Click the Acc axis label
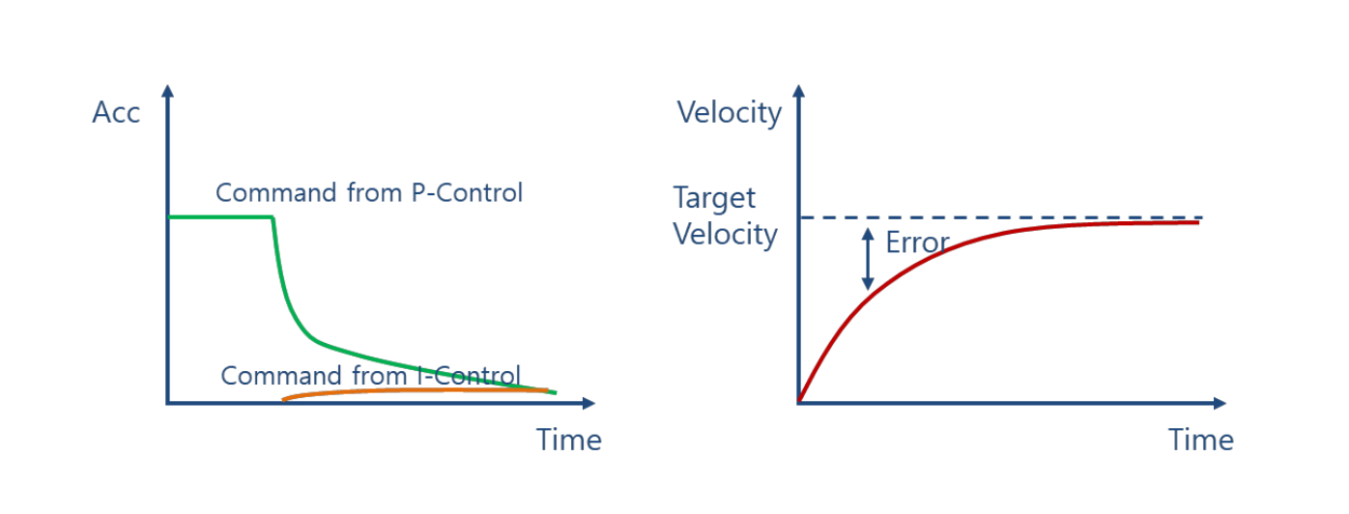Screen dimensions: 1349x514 tap(116, 112)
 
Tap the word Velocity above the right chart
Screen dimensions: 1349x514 tap(730, 113)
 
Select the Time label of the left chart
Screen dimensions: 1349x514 tap(569, 440)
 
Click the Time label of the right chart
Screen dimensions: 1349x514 tap(1201, 440)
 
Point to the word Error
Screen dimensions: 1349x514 tap(917, 243)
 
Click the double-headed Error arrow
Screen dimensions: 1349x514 tap(868, 259)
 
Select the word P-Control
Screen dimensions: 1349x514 tap(467, 192)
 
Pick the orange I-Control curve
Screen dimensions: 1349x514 tap(416, 391)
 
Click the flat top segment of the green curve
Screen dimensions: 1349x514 tap(220, 216)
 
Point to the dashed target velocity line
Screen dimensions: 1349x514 tap(1001, 217)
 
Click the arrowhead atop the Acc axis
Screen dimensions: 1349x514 tap(168, 90)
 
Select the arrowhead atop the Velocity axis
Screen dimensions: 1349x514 tap(799, 90)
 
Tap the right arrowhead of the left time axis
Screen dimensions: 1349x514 tap(589, 403)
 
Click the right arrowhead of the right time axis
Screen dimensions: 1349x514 tap(1220, 403)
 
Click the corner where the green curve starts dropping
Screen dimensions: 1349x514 tap(273, 217)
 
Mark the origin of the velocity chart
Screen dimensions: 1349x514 tap(799, 403)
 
